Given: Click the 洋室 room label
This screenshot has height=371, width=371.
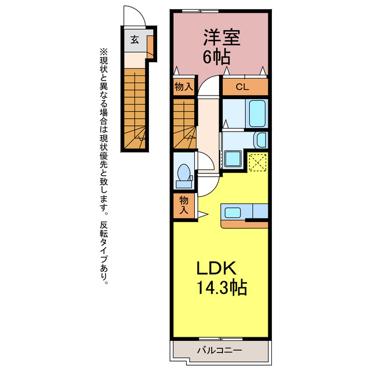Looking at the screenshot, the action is (222, 38).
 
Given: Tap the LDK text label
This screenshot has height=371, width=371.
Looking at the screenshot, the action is (217, 268).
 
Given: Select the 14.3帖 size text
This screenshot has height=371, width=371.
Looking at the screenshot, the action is (222, 288).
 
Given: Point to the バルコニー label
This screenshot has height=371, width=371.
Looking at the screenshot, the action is (220, 350).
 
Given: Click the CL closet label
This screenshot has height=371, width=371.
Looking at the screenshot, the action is (242, 87).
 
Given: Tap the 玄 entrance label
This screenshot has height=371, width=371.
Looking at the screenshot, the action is (135, 39).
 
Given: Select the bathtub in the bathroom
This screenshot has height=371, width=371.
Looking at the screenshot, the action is (257, 114).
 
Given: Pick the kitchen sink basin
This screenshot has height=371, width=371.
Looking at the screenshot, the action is (233, 213).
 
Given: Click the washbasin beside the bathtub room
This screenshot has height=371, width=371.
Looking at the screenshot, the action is (261, 140).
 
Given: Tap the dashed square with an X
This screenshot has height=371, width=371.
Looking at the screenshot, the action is (257, 162).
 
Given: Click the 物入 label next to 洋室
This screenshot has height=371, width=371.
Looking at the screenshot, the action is (184, 87).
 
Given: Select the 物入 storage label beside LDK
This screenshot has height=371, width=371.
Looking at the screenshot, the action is (184, 205).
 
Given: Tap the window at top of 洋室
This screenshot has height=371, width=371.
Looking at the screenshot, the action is (200, 10).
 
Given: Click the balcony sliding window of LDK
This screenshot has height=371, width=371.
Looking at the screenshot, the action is (220, 339).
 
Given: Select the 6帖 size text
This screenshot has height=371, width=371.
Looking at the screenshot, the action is (217, 57).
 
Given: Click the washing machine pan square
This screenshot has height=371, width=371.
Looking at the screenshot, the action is (233, 158).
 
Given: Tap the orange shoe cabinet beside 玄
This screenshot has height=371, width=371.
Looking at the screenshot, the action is (150, 47).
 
